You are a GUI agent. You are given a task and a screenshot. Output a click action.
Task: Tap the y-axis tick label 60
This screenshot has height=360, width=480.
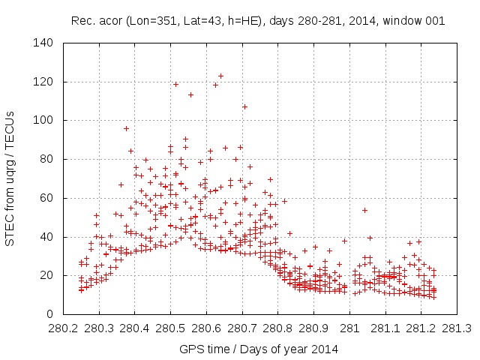(x=47, y=198)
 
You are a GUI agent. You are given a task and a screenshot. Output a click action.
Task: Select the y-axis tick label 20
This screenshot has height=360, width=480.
(x=47, y=275)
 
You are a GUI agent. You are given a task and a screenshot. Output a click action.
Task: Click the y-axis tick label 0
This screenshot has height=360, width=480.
(x=50, y=314)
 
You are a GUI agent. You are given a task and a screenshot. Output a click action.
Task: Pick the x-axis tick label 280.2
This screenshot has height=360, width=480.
(x=63, y=328)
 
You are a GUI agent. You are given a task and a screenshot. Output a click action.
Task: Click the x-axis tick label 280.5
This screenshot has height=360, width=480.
(x=170, y=328)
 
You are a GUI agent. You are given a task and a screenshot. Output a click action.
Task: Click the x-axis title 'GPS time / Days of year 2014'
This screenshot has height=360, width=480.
(x=259, y=349)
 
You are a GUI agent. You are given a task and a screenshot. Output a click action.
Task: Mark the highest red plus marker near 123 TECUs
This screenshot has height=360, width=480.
(x=220, y=76)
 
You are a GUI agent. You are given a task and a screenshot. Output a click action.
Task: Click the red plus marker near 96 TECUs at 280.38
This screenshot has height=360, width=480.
(x=126, y=128)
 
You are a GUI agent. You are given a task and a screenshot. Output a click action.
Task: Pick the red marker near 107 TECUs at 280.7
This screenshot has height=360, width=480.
(x=244, y=106)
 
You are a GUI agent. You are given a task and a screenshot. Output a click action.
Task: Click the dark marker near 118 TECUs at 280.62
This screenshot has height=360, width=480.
(x=215, y=85)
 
